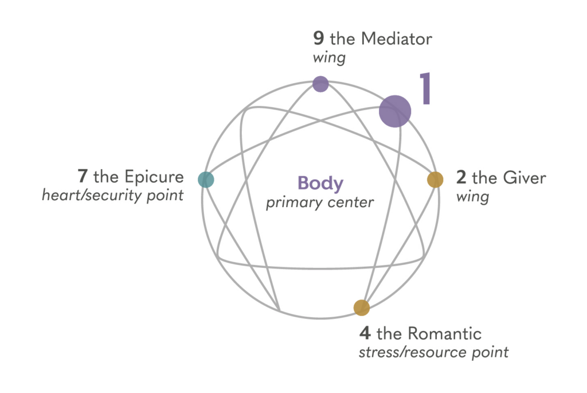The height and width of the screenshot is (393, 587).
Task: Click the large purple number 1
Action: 424,89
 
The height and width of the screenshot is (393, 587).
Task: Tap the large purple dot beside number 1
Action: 395,111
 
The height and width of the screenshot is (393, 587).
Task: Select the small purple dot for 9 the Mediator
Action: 320,84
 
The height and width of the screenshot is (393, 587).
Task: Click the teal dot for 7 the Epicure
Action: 206,179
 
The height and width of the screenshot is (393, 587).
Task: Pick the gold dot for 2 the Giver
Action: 435,180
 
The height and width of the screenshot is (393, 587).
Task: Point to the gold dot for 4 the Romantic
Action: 361,308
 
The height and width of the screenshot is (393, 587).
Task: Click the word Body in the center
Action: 320,184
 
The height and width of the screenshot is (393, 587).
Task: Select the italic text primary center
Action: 320,203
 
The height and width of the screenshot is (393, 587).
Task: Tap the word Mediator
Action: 397,40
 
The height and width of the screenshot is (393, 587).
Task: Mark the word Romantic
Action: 445,333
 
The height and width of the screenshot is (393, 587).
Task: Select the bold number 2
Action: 461,177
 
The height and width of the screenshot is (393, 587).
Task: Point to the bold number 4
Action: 365,333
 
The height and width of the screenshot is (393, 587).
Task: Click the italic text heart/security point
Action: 112,195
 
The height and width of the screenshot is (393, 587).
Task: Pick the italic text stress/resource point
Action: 433,352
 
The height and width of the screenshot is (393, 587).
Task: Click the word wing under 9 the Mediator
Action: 329,58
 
